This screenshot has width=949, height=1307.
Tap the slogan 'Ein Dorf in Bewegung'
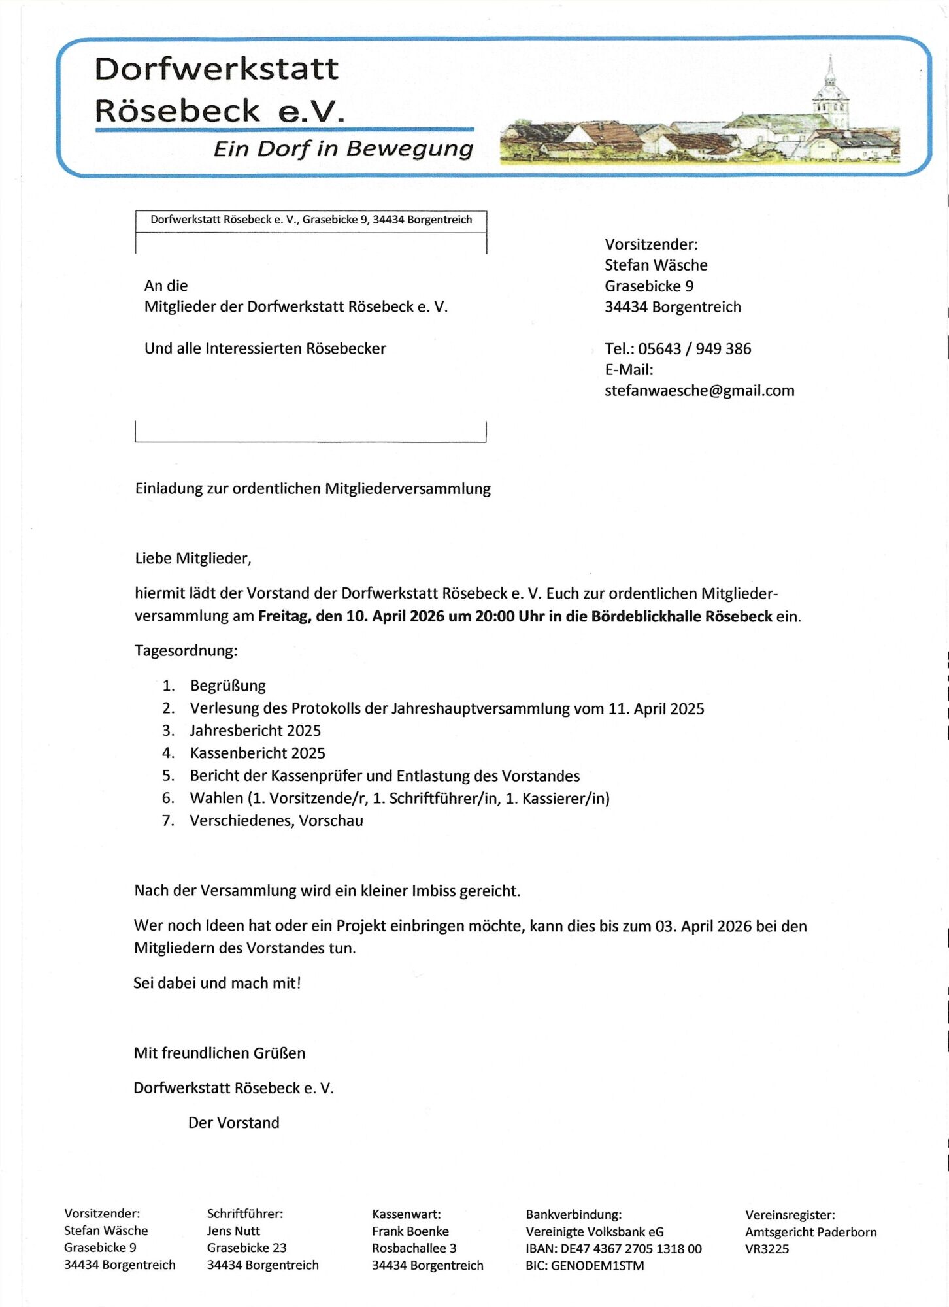click(x=343, y=149)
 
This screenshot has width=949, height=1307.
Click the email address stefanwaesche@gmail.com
click(x=699, y=391)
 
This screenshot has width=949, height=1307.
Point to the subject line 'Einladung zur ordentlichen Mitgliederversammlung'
click(x=312, y=489)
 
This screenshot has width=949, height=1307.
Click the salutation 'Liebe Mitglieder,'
click(x=193, y=558)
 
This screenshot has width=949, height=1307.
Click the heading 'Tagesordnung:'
click(x=186, y=651)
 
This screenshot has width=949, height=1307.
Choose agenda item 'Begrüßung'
click(x=228, y=686)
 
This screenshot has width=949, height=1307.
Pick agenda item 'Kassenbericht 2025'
click(x=258, y=753)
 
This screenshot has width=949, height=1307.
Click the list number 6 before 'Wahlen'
click(x=168, y=798)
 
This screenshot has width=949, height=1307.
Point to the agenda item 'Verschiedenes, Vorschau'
click(x=276, y=821)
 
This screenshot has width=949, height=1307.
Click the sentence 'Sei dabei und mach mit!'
click(x=217, y=983)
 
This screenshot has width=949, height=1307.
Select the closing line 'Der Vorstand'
click(x=234, y=1123)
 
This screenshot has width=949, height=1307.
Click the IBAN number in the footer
click(x=631, y=1249)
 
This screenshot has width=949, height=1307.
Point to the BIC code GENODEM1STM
click(x=597, y=1266)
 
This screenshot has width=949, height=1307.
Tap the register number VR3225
click(x=767, y=1249)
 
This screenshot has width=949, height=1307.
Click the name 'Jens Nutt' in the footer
click(x=233, y=1231)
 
